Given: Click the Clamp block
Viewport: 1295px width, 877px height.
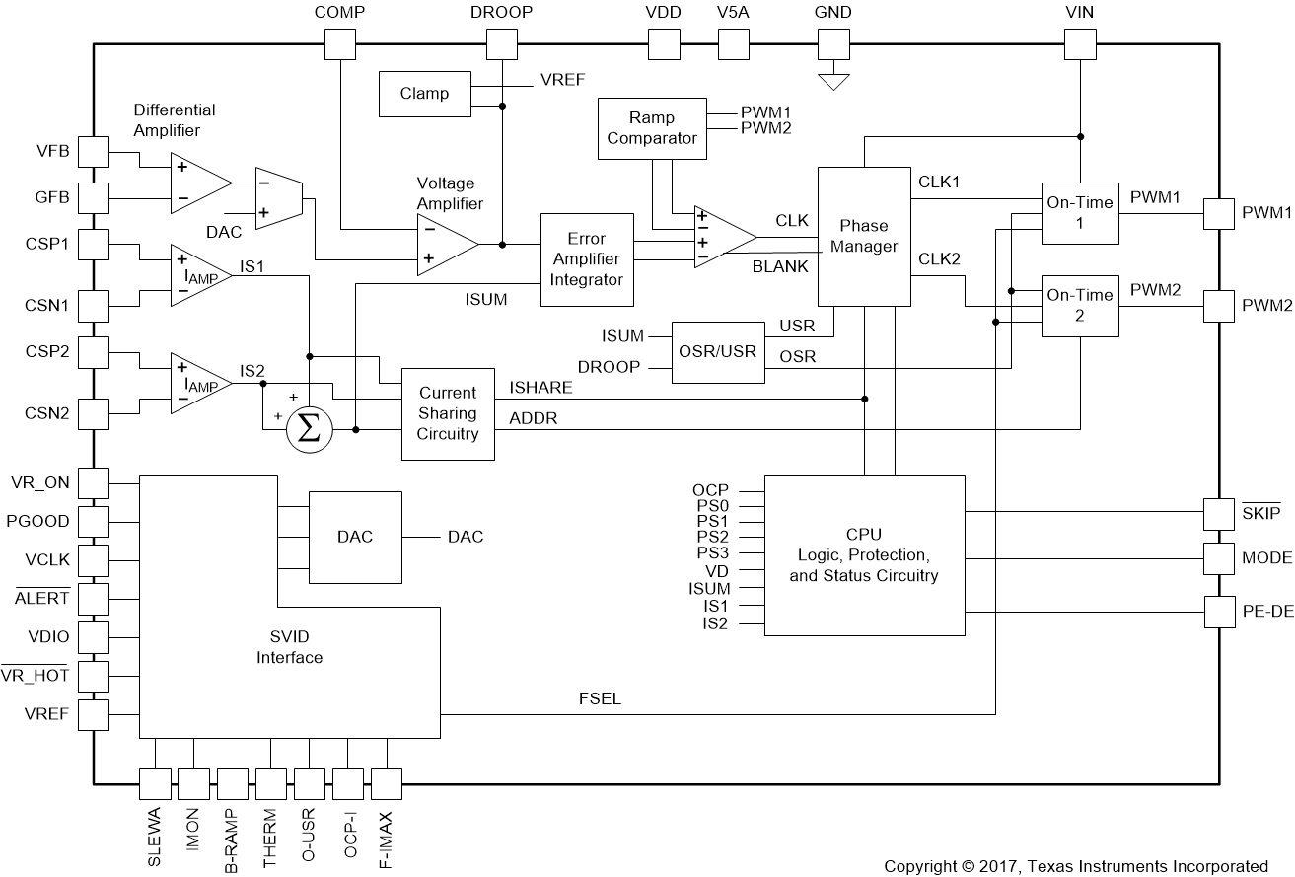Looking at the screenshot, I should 424,94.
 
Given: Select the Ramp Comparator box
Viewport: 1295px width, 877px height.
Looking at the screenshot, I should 651,128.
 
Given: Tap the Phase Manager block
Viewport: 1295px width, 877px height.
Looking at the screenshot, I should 863,236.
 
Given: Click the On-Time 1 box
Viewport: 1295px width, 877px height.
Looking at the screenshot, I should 1080,213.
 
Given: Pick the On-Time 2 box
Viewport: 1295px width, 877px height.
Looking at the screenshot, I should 1080,305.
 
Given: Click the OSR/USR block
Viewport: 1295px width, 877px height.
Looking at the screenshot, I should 718,352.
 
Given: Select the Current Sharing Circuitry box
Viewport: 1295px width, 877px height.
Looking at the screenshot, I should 448,413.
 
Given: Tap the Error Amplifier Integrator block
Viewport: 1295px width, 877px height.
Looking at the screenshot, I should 586,259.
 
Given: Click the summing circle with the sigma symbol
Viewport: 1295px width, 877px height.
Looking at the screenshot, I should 309,430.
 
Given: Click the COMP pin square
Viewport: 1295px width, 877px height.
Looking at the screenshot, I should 340,43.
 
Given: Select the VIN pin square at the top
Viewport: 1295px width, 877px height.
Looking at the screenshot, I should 1081,43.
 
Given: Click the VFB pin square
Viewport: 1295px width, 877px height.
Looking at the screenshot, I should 94,152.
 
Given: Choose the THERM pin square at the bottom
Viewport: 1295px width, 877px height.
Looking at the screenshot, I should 271,784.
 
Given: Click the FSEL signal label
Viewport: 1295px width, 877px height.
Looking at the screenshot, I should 600,699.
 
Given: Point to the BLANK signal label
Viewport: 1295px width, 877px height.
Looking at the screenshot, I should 780,266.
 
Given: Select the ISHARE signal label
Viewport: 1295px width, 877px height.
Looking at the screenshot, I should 540,388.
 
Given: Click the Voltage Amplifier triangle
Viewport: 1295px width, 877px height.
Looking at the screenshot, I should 447,244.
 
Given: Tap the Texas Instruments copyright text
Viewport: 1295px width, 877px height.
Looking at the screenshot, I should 1075,865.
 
